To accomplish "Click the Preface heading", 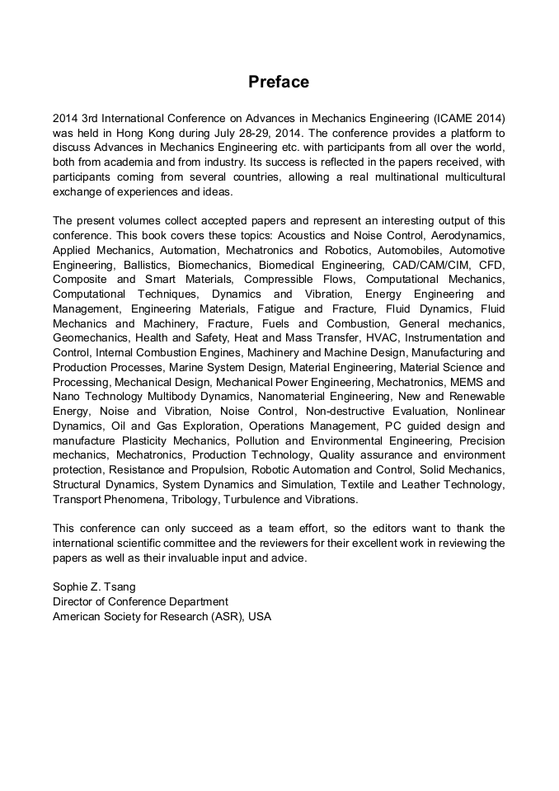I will (x=279, y=82).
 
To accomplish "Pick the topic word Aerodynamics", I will (x=469, y=236).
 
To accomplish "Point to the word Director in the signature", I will (x=73, y=602).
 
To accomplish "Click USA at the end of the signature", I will (x=259, y=617).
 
